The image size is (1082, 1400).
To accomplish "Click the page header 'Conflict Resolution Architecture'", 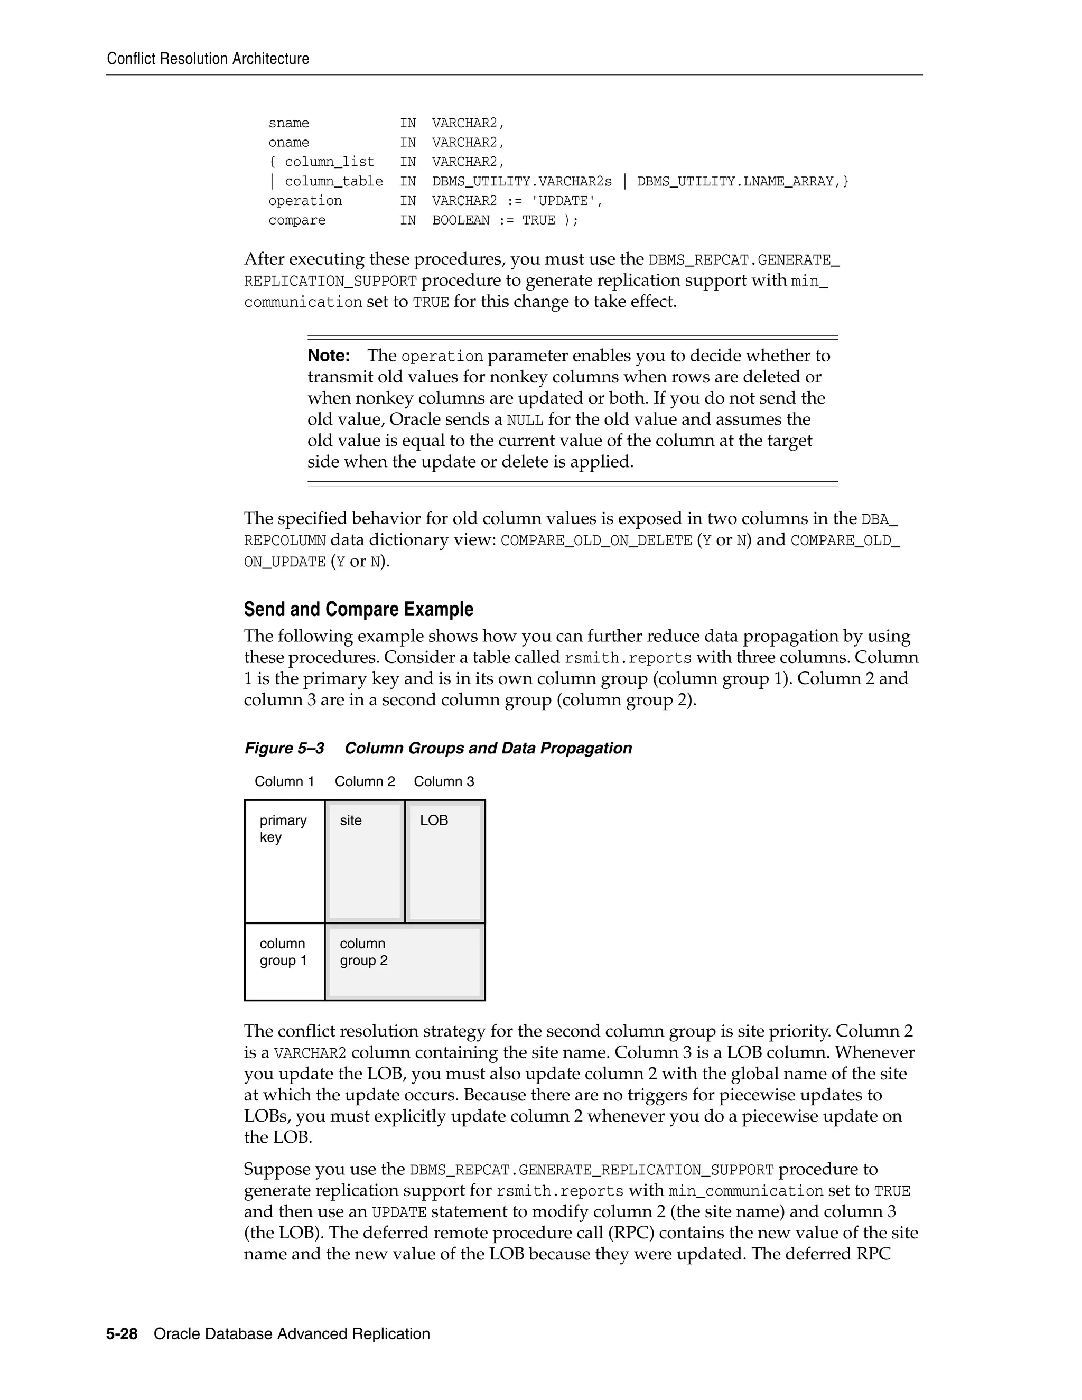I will (208, 59).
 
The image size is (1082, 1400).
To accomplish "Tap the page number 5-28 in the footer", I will (122, 1334).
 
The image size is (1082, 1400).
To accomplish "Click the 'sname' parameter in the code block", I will (288, 123).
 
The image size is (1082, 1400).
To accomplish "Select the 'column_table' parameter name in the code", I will (333, 181).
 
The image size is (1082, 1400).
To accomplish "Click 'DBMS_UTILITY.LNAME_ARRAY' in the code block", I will (735, 181).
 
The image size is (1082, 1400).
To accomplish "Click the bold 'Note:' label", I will (329, 356).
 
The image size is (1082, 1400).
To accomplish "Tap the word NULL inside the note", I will (525, 421).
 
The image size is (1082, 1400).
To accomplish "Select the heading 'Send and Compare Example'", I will (358, 609).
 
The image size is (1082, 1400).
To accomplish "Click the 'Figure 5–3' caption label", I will (284, 748).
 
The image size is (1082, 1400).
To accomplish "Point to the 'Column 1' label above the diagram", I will (284, 781).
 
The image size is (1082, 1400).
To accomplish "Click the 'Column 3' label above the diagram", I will (444, 781).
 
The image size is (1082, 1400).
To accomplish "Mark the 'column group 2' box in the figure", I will (405, 961).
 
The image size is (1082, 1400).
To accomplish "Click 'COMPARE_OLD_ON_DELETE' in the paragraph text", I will (596, 541).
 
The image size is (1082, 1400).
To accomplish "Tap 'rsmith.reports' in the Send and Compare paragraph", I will (628, 658).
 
